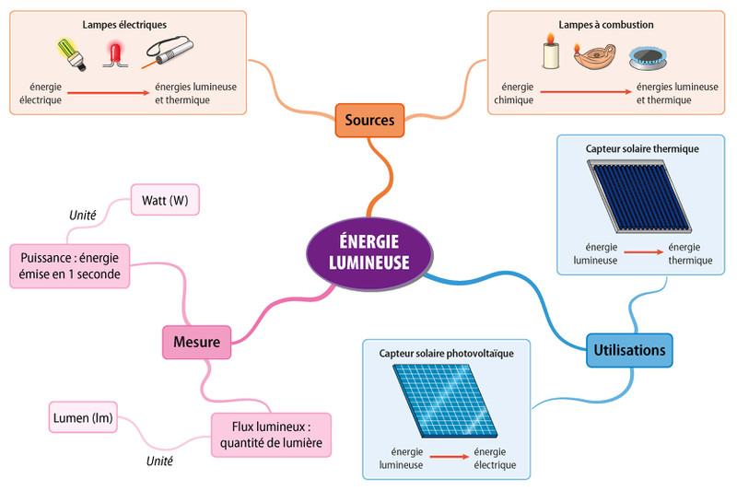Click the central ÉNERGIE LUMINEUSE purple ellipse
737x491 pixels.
point(368,250)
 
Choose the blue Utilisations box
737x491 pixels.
point(629,350)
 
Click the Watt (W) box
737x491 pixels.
point(165,200)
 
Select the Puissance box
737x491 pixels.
point(70,264)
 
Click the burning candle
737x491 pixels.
point(552,53)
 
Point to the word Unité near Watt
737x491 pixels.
point(83,215)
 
